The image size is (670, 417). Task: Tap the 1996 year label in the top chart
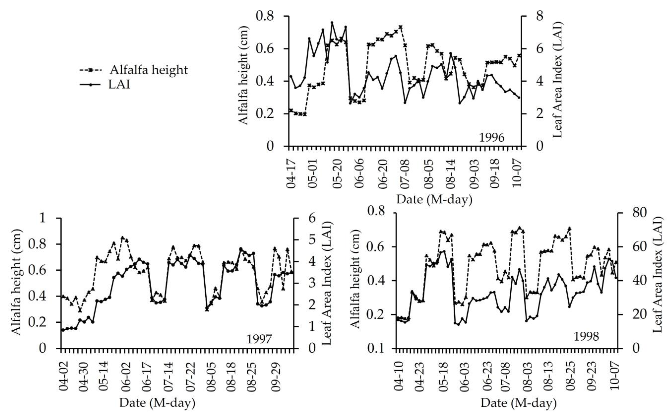click(x=492, y=137)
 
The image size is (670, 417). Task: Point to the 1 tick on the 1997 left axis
click(x=42, y=218)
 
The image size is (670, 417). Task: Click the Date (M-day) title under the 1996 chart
click(x=434, y=199)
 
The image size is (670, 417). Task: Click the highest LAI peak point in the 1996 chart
click(x=332, y=23)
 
